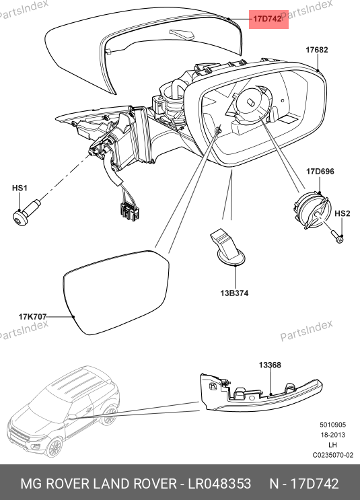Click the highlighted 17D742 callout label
click(x=267, y=19)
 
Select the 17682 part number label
click(x=317, y=50)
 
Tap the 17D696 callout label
click(x=320, y=172)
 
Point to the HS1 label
click(x=20, y=188)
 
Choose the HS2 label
click(x=342, y=213)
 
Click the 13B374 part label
click(x=234, y=293)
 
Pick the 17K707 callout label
click(x=32, y=317)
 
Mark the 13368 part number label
click(x=270, y=365)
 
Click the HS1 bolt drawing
click(x=26, y=213)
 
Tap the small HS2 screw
click(x=338, y=237)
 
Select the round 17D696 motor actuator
click(x=310, y=211)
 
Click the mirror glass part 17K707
click(x=116, y=292)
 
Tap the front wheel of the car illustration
click(x=54, y=447)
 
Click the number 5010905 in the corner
click(x=333, y=425)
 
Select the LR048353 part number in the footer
click(x=219, y=483)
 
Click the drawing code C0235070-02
click(x=333, y=455)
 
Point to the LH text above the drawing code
click(x=332, y=445)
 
